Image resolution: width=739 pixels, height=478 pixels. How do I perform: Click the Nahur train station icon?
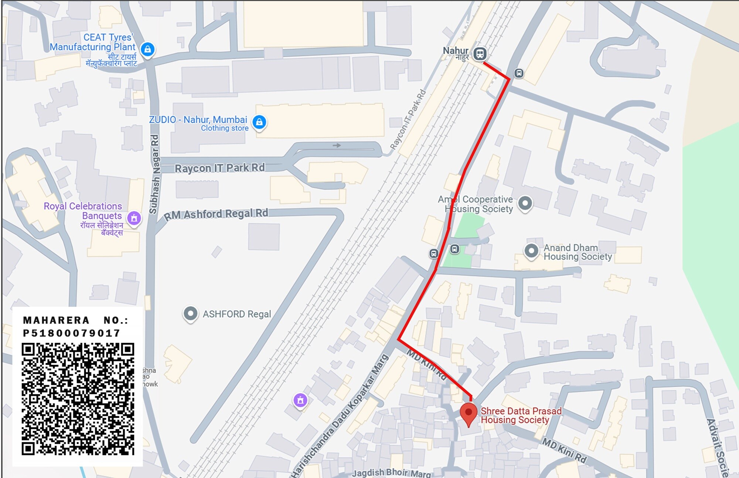(x=480, y=54)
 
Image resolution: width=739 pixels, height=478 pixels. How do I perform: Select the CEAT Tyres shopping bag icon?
(x=147, y=49)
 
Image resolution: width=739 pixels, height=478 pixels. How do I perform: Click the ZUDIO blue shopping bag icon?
(x=259, y=122)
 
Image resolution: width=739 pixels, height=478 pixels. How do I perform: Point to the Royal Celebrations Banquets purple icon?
(x=134, y=218)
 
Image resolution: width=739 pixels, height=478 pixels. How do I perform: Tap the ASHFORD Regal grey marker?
(x=190, y=314)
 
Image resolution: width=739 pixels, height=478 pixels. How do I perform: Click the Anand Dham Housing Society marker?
(x=531, y=251)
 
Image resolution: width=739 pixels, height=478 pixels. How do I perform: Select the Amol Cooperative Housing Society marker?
(x=525, y=203)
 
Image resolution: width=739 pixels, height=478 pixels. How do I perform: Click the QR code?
(x=78, y=399)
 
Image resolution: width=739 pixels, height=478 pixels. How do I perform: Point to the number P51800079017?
(x=72, y=333)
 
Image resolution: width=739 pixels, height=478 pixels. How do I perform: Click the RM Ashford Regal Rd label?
(x=216, y=214)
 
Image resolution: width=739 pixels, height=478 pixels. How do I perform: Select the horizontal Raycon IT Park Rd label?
(x=219, y=168)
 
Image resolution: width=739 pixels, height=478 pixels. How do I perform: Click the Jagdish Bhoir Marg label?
(x=391, y=473)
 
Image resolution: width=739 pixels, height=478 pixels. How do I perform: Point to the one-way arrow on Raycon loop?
(x=337, y=146)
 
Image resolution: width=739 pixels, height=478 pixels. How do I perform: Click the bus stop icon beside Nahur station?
(x=519, y=73)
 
